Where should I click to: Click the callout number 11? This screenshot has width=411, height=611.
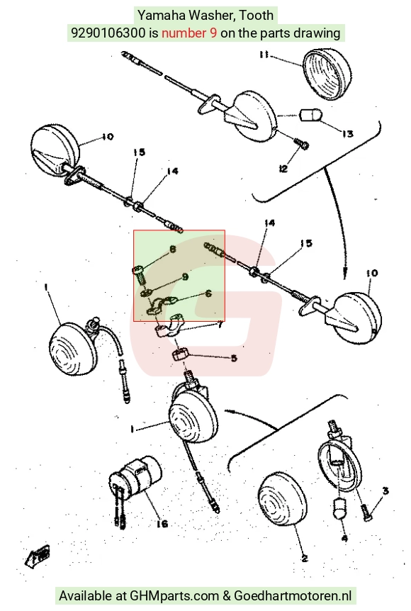point(264,55)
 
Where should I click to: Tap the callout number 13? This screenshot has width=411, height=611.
point(347,134)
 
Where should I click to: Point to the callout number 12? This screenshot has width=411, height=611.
point(283,168)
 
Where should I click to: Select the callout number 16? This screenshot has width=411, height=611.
point(162,524)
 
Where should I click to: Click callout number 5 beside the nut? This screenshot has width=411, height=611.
point(234,358)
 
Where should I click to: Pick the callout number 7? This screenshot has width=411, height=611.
point(220,324)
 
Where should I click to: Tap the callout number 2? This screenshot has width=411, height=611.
point(305,559)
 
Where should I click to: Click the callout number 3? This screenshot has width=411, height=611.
point(385,491)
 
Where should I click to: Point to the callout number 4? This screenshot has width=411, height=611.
point(344,539)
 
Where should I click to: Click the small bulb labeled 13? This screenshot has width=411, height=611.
point(310,116)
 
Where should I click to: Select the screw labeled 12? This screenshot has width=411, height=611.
point(301,144)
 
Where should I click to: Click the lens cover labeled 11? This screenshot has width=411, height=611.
point(327,74)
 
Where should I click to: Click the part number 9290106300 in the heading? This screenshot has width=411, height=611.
point(108,33)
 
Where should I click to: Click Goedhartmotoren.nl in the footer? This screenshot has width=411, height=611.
point(293,595)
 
